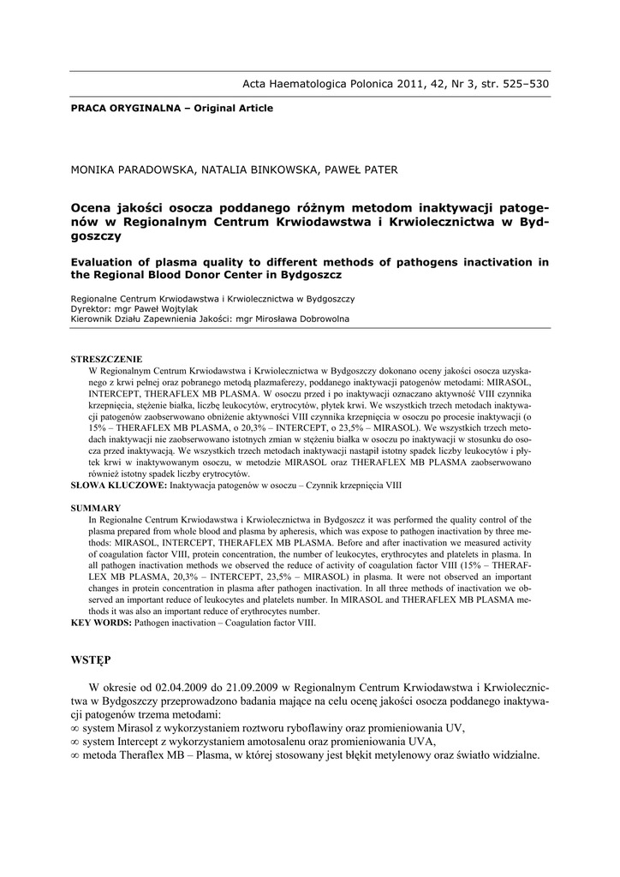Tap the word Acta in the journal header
click(258, 84)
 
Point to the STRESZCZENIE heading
click(106, 359)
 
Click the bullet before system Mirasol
click(75, 728)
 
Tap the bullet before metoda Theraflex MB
click(75, 755)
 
